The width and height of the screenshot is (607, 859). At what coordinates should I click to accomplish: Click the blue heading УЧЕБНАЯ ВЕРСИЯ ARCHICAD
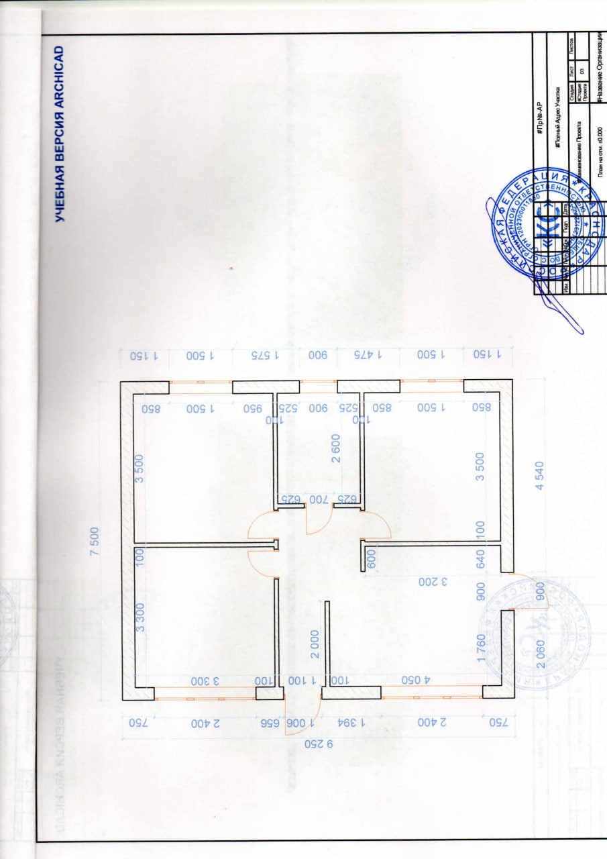pyautogui.click(x=59, y=134)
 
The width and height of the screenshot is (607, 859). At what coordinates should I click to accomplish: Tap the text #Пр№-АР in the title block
pyautogui.click(x=539, y=117)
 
